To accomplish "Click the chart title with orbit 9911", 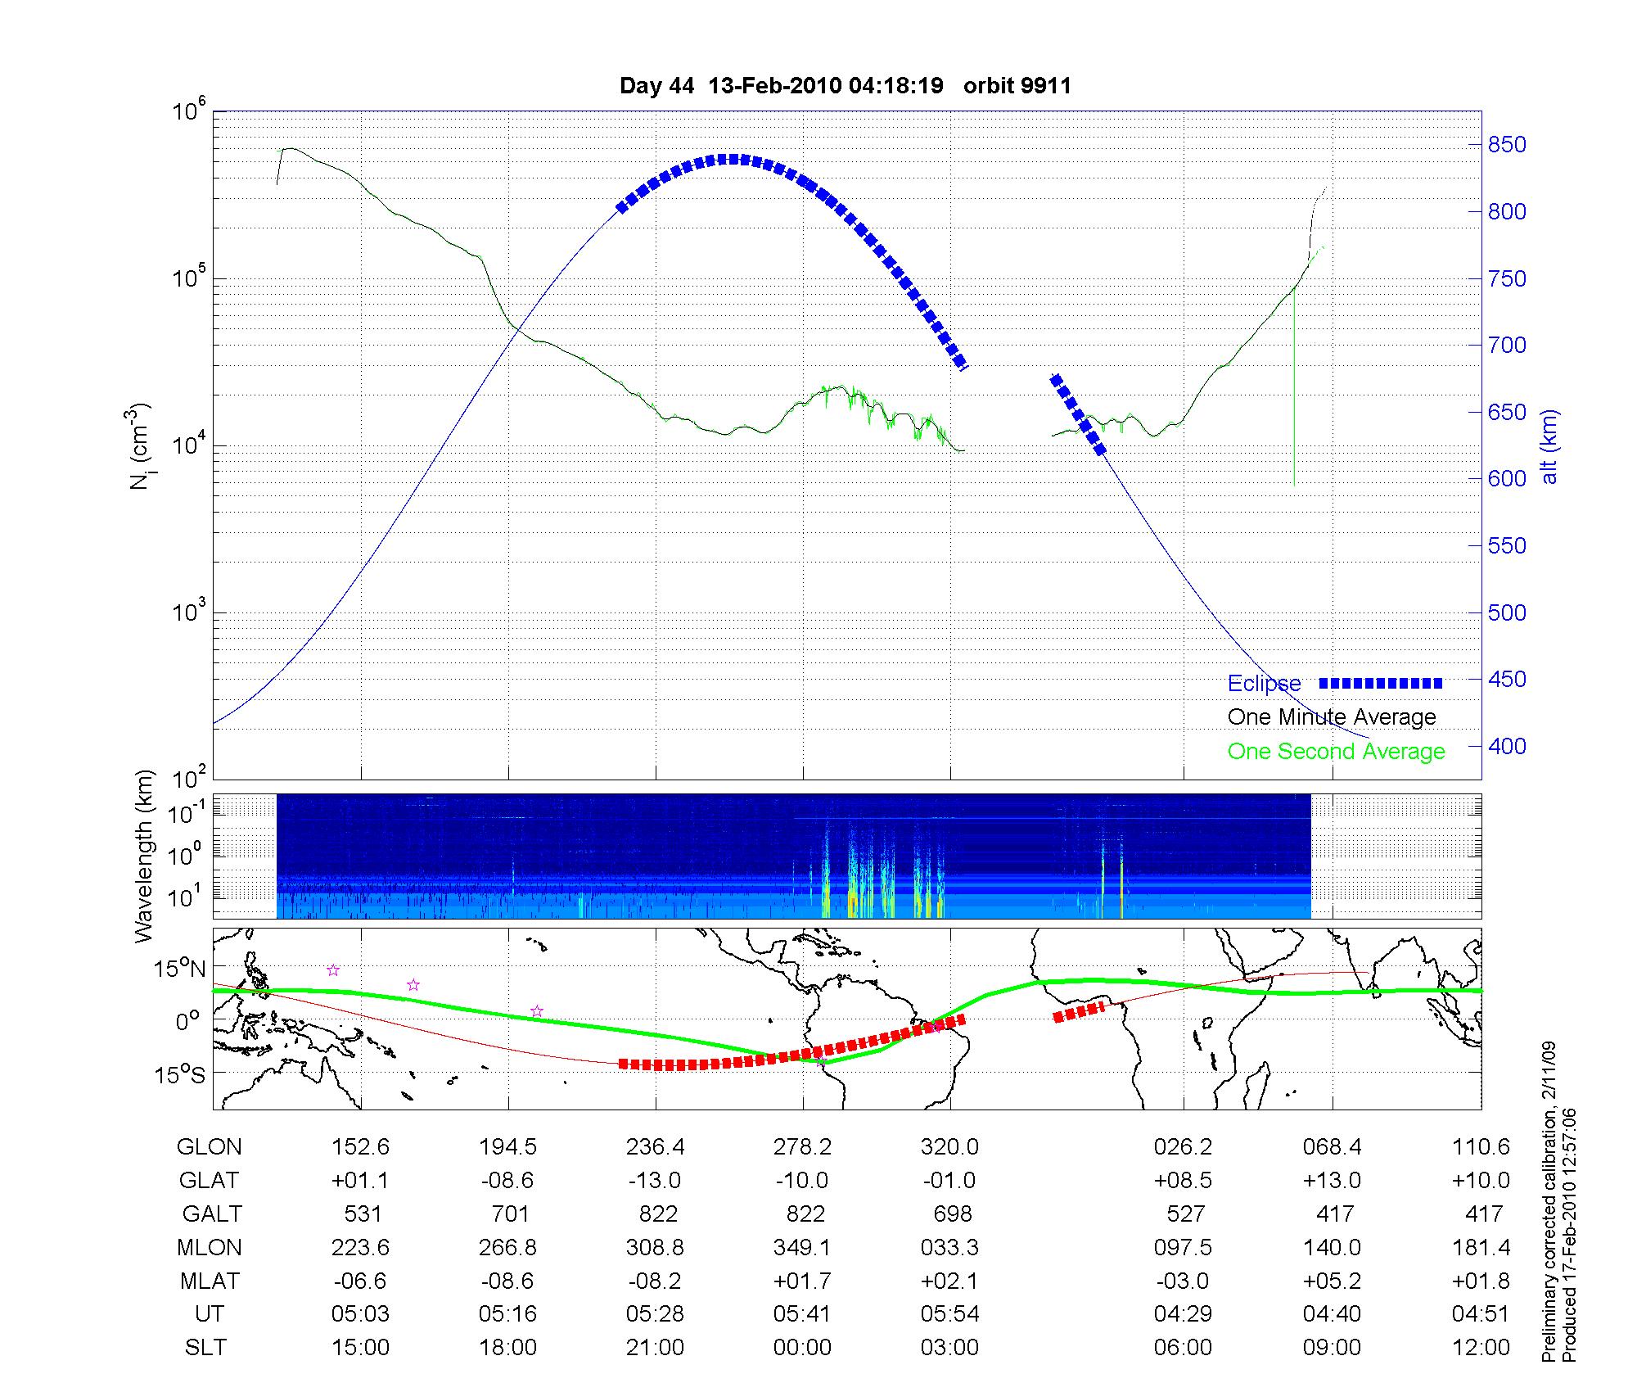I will tap(845, 86).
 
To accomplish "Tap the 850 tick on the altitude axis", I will tap(1506, 145).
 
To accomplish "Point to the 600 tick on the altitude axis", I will tap(1506, 479).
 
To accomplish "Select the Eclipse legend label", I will tap(1264, 684).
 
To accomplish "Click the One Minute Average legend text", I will tap(1332, 717).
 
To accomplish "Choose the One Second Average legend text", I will tap(1336, 752).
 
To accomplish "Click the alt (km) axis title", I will tap(1550, 446).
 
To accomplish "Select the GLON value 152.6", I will tap(360, 1147).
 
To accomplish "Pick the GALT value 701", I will tap(509, 1213).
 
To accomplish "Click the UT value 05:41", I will tap(802, 1314).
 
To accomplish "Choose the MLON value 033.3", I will tap(949, 1247).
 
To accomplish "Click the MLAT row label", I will tap(210, 1281).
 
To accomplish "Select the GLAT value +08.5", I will tap(1184, 1181).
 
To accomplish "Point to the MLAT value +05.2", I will tap(1333, 1281).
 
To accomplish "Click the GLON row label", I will tap(210, 1147).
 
